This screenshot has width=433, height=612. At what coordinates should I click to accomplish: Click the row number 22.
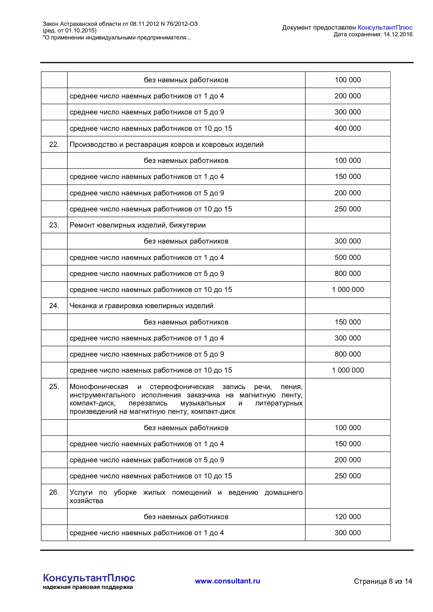[x=54, y=144]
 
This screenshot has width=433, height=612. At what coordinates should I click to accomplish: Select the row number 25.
[x=54, y=387]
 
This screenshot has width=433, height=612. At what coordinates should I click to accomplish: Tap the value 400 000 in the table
[x=347, y=128]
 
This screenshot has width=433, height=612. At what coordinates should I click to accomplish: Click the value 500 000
[x=347, y=258]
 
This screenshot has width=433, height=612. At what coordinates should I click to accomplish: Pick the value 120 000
[x=347, y=517]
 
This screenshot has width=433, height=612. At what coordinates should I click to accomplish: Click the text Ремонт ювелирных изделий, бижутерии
[x=138, y=225]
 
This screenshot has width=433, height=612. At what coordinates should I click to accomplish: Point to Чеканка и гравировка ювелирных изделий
[x=141, y=306]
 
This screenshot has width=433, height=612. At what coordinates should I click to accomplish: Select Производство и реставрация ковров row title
[x=167, y=144]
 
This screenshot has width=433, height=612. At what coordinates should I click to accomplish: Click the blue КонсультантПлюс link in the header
[x=385, y=28]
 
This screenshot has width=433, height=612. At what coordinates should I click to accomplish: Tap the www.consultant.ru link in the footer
[x=227, y=581]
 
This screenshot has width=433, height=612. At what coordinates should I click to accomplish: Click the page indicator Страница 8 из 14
[x=383, y=581]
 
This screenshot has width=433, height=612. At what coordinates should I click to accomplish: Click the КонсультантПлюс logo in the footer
[x=89, y=578]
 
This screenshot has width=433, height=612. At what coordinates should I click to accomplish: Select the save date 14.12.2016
[x=398, y=34]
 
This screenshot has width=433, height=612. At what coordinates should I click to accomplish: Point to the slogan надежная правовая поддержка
[x=88, y=587]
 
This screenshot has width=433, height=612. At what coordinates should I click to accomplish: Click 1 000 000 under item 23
[x=348, y=290]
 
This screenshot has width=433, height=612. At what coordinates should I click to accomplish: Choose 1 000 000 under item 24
[x=348, y=370]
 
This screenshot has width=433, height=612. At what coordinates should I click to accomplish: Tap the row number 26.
[x=54, y=492]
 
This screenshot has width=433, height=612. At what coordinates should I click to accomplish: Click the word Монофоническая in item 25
[x=99, y=387]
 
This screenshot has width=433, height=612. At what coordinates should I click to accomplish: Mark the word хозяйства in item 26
[x=86, y=501]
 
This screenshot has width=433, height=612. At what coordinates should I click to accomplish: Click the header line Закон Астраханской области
[x=120, y=24]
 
